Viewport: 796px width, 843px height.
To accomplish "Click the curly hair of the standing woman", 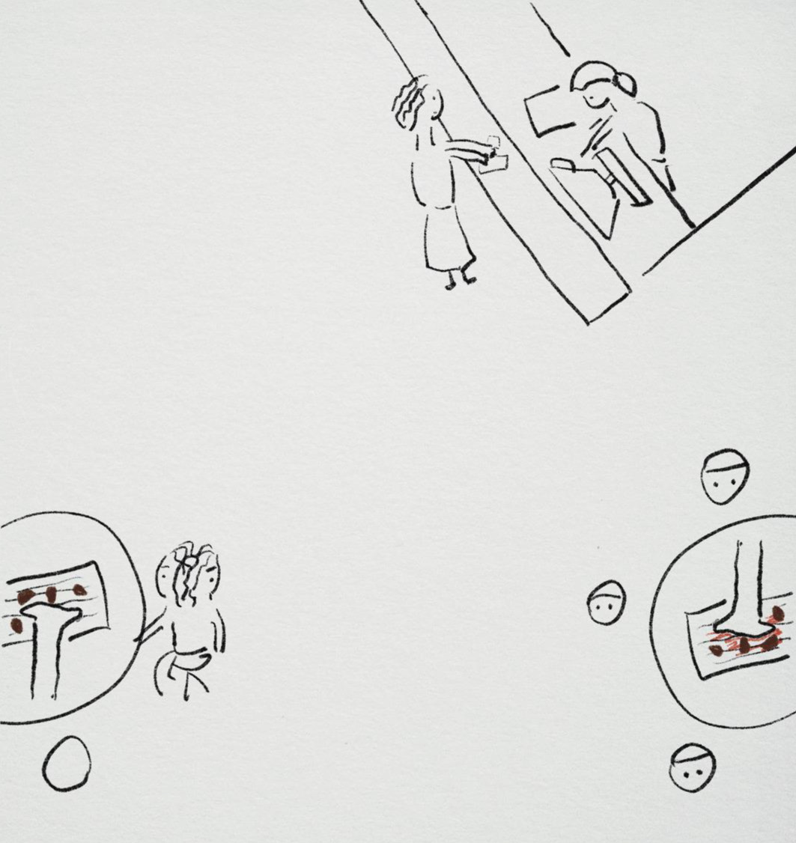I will pos(410,103).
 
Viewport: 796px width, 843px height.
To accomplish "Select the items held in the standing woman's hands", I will pos(493,156).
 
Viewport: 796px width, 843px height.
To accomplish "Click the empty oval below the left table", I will pos(67,764).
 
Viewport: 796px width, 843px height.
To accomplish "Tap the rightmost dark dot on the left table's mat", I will pos(79,590).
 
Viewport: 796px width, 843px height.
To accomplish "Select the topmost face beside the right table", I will pos(725,476).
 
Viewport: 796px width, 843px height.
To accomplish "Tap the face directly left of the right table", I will pos(606,603).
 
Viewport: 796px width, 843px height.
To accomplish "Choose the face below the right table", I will pos(691,767).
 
